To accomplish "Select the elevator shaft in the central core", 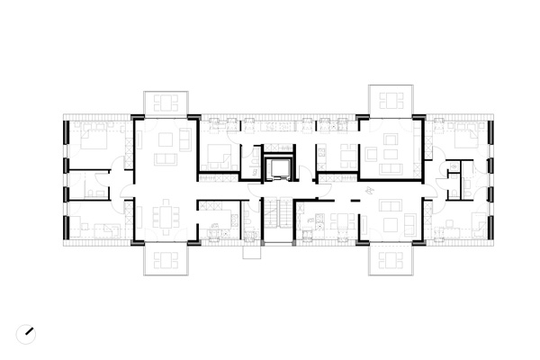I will coord(278,167).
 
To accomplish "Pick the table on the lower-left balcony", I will coord(166,260).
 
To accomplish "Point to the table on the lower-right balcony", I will coord(390,260).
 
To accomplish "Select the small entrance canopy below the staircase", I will coord(254,253).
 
